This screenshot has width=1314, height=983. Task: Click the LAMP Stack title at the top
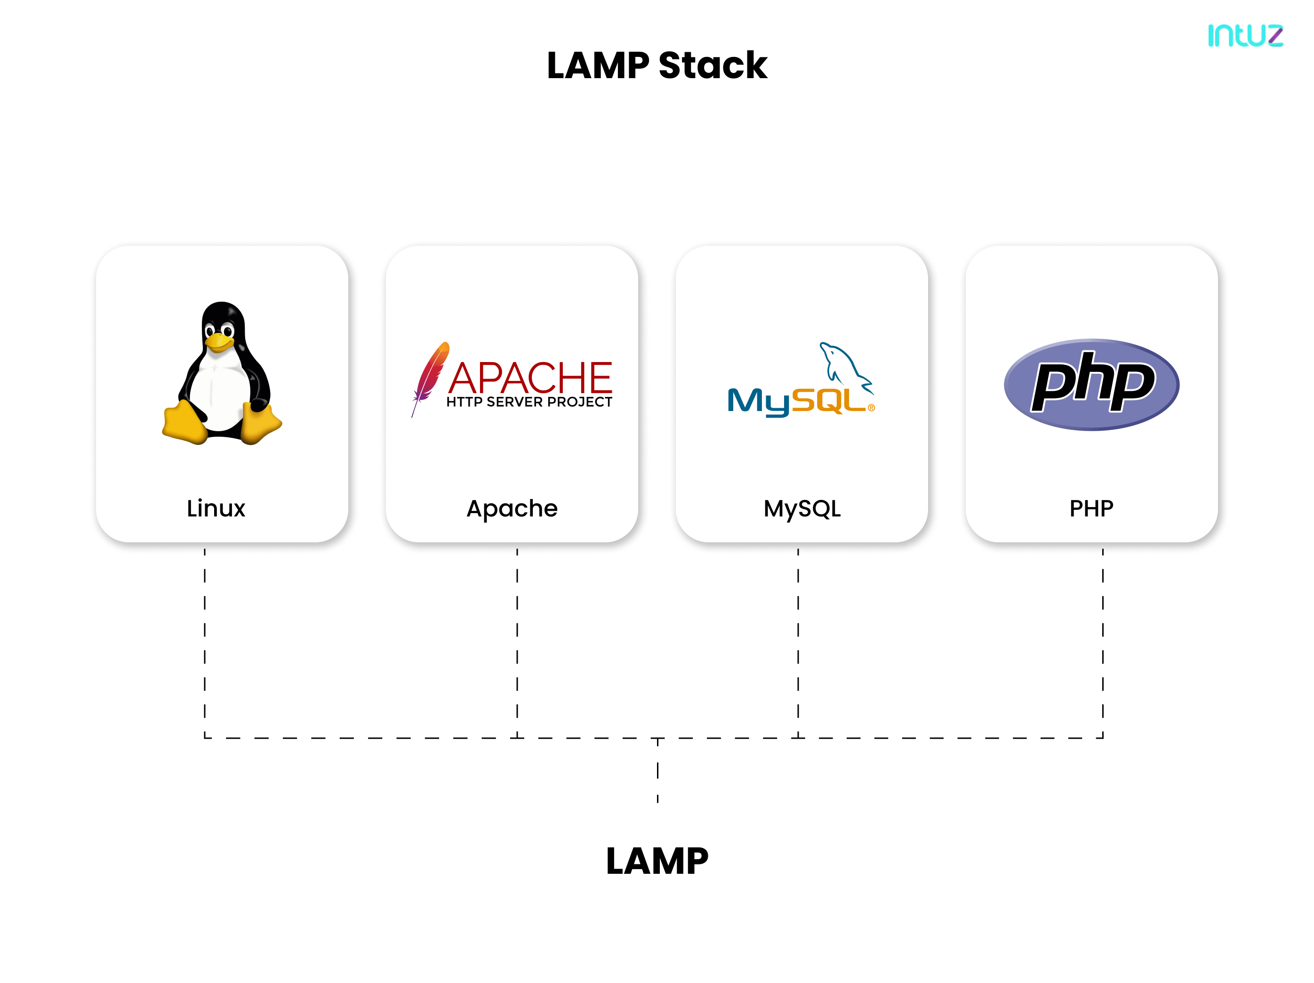(657, 65)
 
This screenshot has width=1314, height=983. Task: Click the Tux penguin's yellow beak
(218, 342)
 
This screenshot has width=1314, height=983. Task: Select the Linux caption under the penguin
(216, 509)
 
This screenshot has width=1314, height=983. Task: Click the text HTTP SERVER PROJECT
(529, 403)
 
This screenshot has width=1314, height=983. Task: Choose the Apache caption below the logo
(512, 509)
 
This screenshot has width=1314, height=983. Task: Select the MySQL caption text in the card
(802, 509)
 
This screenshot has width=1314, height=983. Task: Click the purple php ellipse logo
(1091, 385)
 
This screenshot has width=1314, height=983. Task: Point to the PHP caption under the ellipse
(1091, 509)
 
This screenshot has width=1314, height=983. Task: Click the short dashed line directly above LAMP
(657, 770)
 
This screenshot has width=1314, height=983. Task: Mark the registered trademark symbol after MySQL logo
(872, 408)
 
